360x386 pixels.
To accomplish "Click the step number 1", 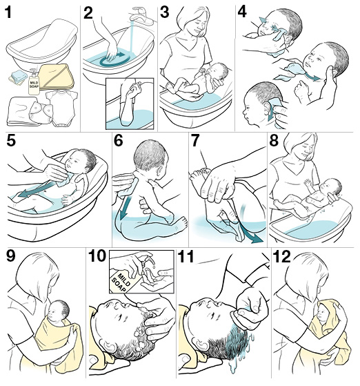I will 10,12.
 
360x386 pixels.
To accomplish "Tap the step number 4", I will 243,12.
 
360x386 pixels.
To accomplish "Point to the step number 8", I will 274,143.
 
